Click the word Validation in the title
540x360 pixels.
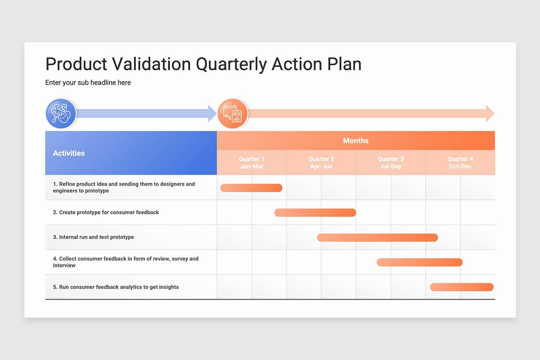click(x=151, y=64)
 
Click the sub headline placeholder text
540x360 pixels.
click(x=88, y=82)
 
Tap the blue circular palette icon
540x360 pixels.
click(x=61, y=113)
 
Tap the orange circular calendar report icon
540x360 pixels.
click(x=233, y=113)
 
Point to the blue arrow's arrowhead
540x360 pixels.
click(x=212, y=113)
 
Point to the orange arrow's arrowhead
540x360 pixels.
click(x=490, y=113)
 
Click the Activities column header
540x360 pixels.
click(x=69, y=153)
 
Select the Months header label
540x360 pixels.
click(x=356, y=140)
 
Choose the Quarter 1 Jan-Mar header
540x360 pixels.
click(x=252, y=162)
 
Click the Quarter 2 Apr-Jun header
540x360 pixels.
click(x=321, y=162)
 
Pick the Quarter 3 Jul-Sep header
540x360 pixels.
click(x=391, y=162)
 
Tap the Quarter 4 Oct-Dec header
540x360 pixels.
click(x=460, y=162)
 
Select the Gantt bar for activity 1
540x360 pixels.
click(x=252, y=188)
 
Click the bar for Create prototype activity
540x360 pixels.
click(x=315, y=213)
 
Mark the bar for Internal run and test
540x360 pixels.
click(x=378, y=238)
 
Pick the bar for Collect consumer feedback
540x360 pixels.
click(x=419, y=262)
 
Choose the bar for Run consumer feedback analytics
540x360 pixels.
click(x=462, y=287)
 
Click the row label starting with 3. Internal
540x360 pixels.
click(x=93, y=237)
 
